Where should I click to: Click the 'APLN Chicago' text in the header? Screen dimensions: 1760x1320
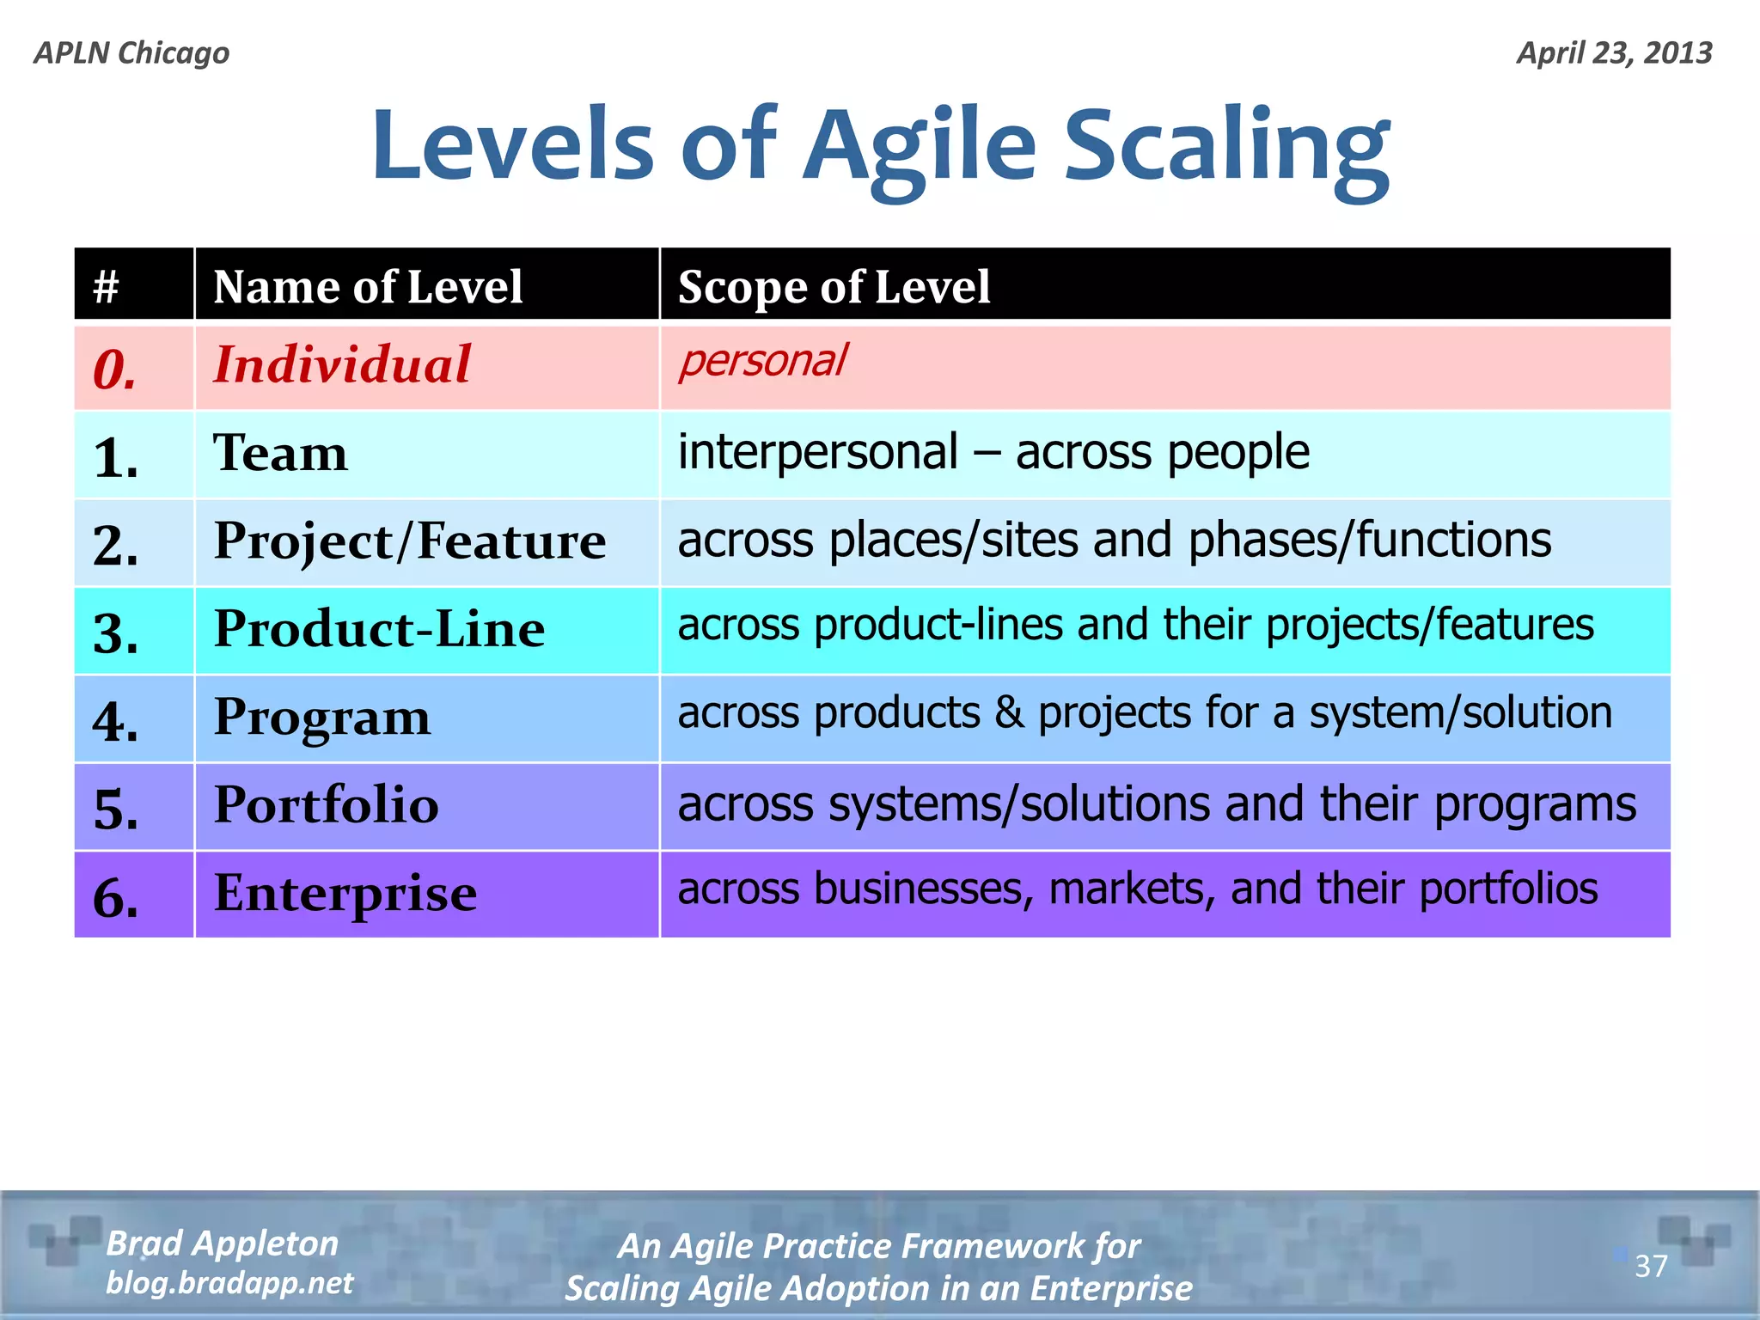point(131,53)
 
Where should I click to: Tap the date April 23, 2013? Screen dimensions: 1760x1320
point(1614,53)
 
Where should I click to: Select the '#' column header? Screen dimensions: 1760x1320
point(106,286)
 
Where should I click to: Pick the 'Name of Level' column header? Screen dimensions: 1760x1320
point(368,286)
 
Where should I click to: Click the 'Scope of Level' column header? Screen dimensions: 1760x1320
point(834,286)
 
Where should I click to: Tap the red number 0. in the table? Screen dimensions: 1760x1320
point(115,370)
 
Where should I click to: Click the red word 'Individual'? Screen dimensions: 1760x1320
point(342,364)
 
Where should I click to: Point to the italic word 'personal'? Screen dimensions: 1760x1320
point(762,360)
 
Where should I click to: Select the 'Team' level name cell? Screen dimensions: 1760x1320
point(281,453)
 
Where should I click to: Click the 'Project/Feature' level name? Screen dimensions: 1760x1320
point(410,541)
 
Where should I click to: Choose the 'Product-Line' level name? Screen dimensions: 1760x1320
point(379,629)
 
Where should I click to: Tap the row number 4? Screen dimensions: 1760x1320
point(115,721)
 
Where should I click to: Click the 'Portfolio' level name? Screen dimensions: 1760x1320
point(326,805)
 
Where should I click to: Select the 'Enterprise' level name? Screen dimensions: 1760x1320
point(345,894)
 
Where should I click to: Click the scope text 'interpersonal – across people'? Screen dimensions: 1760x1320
point(993,452)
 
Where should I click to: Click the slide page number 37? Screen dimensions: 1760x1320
point(1650,1266)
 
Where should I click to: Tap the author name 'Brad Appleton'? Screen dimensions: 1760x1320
point(223,1244)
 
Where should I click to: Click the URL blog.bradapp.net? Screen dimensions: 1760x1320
point(229,1283)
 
